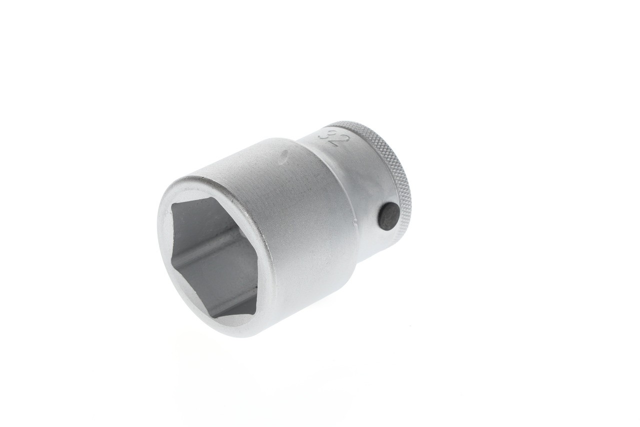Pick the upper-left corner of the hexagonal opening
click(173, 205)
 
